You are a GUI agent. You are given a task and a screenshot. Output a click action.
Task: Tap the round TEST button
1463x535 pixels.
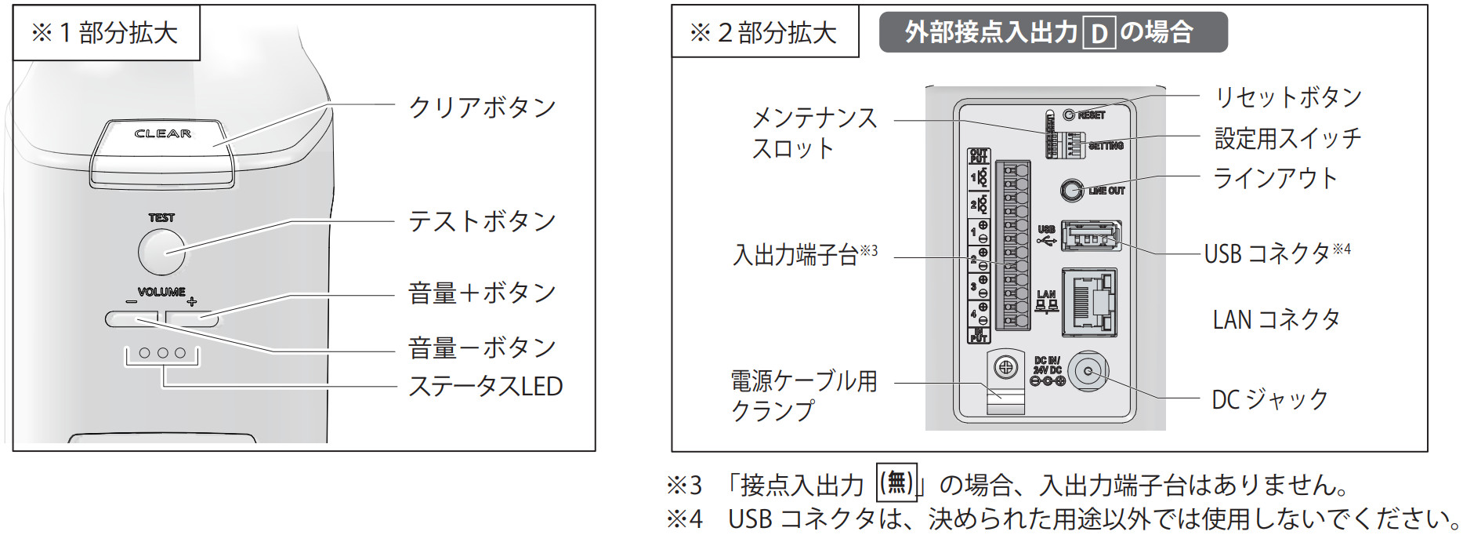pyautogui.click(x=161, y=251)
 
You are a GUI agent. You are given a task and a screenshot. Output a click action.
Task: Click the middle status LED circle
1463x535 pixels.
pyautogui.click(x=162, y=353)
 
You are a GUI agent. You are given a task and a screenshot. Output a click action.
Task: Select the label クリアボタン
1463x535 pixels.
pyautogui.click(x=482, y=107)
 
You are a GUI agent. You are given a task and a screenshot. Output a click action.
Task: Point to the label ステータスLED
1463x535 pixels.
pyautogui.click(x=485, y=387)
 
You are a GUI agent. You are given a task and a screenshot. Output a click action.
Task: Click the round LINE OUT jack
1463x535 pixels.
pyautogui.click(x=1071, y=190)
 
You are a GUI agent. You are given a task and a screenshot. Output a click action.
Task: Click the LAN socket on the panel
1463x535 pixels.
pyautogui.click(x=1089, y=302)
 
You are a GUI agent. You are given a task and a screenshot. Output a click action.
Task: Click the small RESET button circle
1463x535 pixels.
pyautogui.click(x=1069, y=115)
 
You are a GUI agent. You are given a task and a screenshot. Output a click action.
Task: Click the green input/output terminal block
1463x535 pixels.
pyautogui.click(x=1012, y=246)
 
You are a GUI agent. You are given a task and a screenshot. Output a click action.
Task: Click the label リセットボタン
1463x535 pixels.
pyautogui.click(x=1288, y=97)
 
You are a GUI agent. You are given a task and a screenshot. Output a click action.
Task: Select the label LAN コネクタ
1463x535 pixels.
pyautogui.click(x=1276, y=319)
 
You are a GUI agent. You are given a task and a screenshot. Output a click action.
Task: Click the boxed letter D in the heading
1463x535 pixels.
pyautogui.click(x=1099, y=33)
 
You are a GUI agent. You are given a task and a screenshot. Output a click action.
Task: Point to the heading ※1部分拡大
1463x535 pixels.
pyautogui.click(x=105, y=33)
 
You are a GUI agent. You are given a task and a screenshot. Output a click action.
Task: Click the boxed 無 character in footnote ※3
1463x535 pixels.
pyautogui.click(x=896, y=482)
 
